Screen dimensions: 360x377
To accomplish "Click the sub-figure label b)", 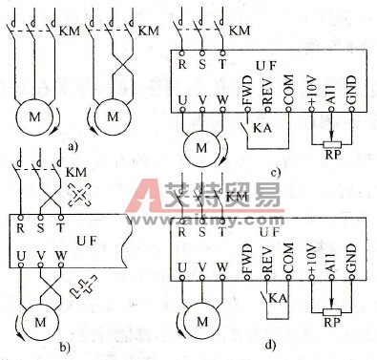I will (93, 347).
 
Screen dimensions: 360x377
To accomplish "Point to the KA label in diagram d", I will (277, 297).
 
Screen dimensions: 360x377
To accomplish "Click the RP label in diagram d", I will (330, 324).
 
